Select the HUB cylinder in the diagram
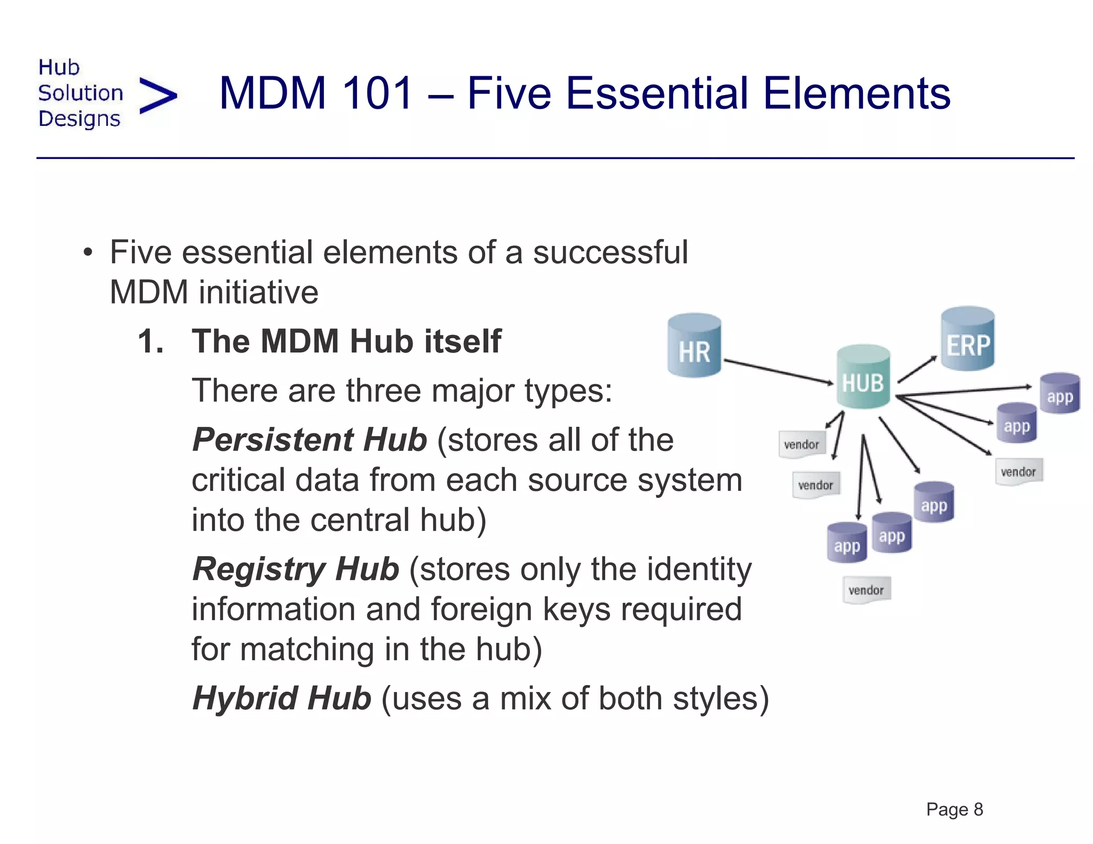coord(862,377)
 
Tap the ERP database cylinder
coord(967,339)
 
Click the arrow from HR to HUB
coord(778,371)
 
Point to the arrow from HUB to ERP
coord(917,369)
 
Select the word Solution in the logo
coord(80,93)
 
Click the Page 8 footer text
coord(954,809)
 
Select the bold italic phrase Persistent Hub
coord(310,440)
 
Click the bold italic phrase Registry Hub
coord(296,569)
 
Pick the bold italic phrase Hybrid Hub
coord(281,698)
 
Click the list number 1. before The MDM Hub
coord(151,341)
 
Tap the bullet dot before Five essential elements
coord(88,252)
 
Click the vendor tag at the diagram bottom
coord(866,590)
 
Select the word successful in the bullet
coord(610,252)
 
